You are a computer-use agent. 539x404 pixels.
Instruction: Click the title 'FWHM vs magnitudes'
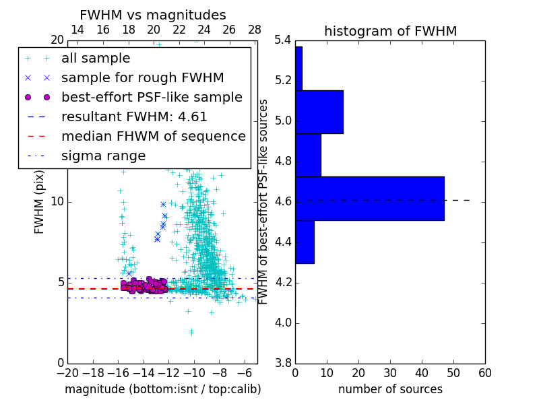click(152, 15)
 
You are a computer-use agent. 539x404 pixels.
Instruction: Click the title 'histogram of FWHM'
click(390, 32)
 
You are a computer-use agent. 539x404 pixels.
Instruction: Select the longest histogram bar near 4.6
click(369, 199)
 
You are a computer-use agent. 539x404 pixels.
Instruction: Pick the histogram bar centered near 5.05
click(319, 112)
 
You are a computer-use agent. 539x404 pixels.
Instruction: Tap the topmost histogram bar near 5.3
click(298, 68)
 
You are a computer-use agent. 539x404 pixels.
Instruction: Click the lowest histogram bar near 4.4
click(305, 242)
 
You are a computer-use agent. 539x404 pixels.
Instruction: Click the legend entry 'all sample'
click(96, 59)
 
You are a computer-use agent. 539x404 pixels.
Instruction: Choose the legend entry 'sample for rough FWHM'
click(142, 77)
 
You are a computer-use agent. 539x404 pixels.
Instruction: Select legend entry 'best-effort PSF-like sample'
click(152, 97)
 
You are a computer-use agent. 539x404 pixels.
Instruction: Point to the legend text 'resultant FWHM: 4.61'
click(134, 116)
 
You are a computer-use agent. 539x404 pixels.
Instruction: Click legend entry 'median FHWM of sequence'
click(153, 136)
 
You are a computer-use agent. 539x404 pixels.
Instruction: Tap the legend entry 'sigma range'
click(103, 156)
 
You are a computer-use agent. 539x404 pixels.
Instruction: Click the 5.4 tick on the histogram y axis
click(283, 40)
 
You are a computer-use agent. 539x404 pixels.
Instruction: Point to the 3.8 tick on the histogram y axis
click(283, 363)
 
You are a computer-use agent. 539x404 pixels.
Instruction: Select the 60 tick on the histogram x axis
click(484, 372)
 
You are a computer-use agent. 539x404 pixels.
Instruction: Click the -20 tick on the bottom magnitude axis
click(67, 372)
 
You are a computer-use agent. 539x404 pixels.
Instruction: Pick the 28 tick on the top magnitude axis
click(255, 30)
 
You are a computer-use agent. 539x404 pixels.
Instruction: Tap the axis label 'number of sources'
click(390, 389)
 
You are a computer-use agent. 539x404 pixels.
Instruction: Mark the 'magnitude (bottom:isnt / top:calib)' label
click(162, 389)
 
